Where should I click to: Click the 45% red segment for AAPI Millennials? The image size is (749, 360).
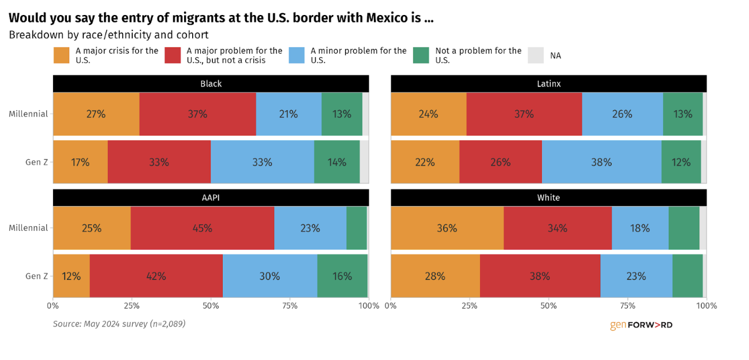(x=201, y=228)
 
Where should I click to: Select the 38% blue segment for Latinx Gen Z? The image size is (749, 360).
(x=601, y=162)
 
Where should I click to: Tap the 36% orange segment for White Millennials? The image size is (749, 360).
(x=447, y=228)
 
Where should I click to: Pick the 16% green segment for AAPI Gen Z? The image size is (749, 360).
(x=342, y=276)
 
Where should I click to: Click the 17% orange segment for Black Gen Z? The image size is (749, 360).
(x=80, y=162)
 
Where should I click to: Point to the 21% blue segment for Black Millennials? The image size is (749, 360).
(x=289, y=114)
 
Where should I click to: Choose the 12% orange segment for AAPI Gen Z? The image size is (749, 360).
(x=71, y=276)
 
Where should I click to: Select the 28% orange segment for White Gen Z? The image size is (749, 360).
(x=435, y=276)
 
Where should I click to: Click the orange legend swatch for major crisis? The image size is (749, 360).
(x=61, y=55)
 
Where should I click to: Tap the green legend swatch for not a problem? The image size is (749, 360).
(x=421, y=55)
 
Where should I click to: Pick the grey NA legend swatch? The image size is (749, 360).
(x=536, y=55)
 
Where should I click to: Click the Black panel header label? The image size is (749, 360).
(x=211, y=84)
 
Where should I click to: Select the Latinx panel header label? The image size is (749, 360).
(x=548, y=84)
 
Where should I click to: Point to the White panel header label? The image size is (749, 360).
(x=548, y=198)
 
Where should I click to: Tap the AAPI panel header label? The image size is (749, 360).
(x=211, y=198)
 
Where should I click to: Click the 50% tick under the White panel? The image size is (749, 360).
(x=549, y=306)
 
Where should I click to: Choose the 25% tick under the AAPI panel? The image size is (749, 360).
(x=132, y=306)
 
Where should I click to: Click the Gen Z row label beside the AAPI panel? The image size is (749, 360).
(x=36, y=276)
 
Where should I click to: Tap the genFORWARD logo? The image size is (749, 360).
(x=641, y=325)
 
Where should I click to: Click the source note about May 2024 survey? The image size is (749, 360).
(x=119, y=324)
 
